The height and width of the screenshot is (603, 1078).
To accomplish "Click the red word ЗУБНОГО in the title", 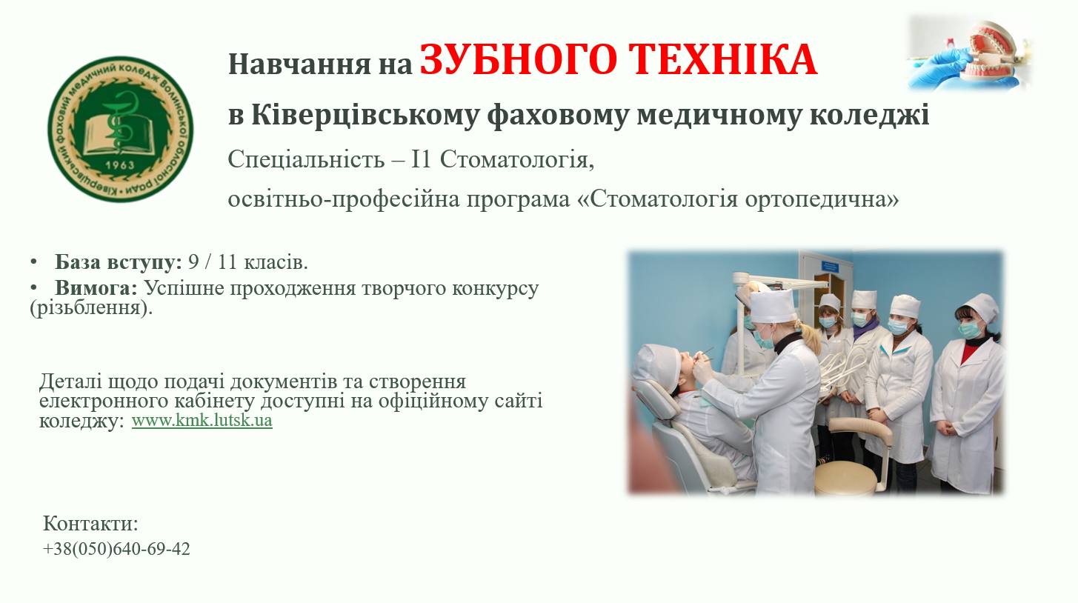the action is point(518,60).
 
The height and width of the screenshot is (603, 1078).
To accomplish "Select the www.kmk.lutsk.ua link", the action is point(202,420).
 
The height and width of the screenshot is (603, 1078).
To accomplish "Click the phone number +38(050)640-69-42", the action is point(116,549).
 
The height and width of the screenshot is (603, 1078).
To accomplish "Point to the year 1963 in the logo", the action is point(120,165).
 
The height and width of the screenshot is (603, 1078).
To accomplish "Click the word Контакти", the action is point(90,524).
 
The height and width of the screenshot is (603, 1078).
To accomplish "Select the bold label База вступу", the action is point(119,262).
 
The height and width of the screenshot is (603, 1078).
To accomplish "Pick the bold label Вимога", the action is point(96,287).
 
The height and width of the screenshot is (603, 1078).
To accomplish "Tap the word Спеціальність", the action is point(306,159).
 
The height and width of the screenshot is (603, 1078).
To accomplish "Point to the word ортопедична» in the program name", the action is point(822,199).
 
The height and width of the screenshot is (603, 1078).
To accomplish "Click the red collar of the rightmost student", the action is point(968,351).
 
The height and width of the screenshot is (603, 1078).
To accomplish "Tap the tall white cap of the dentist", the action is point(773,305).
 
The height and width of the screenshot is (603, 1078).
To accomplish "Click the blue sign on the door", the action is point(829,266).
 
